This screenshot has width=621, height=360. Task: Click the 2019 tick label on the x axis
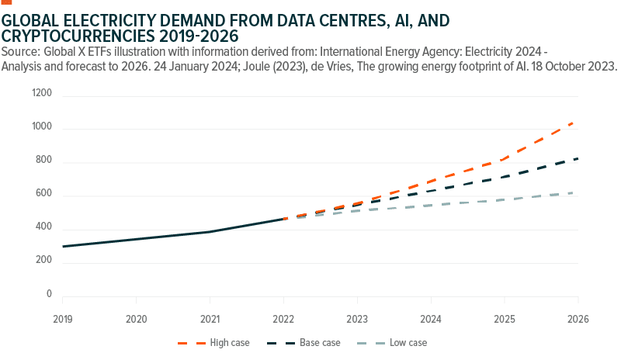tap(62, 320)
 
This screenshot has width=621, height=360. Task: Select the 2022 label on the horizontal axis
tap(284, 320)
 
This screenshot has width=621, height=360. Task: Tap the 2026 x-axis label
tap(578, 320)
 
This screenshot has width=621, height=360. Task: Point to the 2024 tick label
tap(431, 320)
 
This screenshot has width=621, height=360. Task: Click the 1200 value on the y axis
tap(42, 94)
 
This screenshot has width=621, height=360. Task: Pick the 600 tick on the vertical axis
tap(44, 195)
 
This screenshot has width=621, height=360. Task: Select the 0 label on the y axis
tap(49, 295)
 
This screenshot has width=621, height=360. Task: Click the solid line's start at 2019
tap(63, 246)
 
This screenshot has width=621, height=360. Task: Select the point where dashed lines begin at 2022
tap(285, 219)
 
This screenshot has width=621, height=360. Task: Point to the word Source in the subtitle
tap(21, 51)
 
